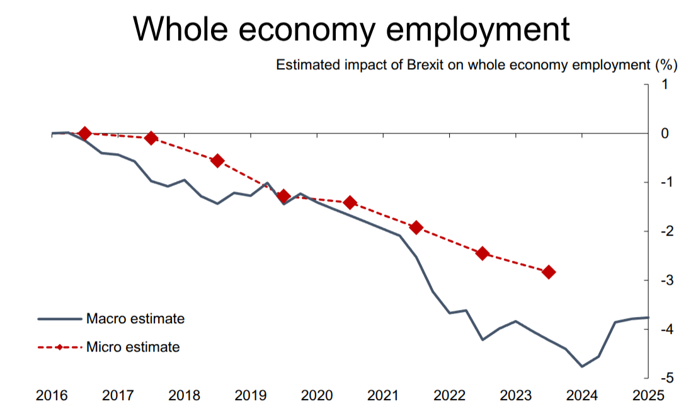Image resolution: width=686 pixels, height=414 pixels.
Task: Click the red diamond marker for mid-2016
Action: click(x=85, y=133)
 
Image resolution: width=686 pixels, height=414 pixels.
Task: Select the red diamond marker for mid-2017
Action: click(x=151, y=138)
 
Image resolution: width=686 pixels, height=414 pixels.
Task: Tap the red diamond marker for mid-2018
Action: click(x=217, y=161)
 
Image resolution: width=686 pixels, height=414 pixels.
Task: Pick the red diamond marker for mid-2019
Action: click(x=283, y=195)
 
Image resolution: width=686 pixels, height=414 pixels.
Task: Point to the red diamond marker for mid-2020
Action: click(x=350, y=202)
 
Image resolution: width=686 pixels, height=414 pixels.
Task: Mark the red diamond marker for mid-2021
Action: click(x=416, y=227)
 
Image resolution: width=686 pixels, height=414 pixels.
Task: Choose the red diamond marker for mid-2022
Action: click(x=483, y=253)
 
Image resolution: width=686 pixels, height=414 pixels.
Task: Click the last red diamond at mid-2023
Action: click(x=549, y=272)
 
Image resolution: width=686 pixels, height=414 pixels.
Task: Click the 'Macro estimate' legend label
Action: click(x=135, y=319)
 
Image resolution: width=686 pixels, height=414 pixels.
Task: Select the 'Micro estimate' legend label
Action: click(x=133, y=347)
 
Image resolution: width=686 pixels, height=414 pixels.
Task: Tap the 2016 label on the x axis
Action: click(x=51, y=396)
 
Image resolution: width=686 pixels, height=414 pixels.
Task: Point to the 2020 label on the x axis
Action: click(x=317, y=396)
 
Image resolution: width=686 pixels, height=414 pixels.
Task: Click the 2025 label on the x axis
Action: click(x=649, y=396)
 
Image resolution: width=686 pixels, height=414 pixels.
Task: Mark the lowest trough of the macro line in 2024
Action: click(x=582, y=366)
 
